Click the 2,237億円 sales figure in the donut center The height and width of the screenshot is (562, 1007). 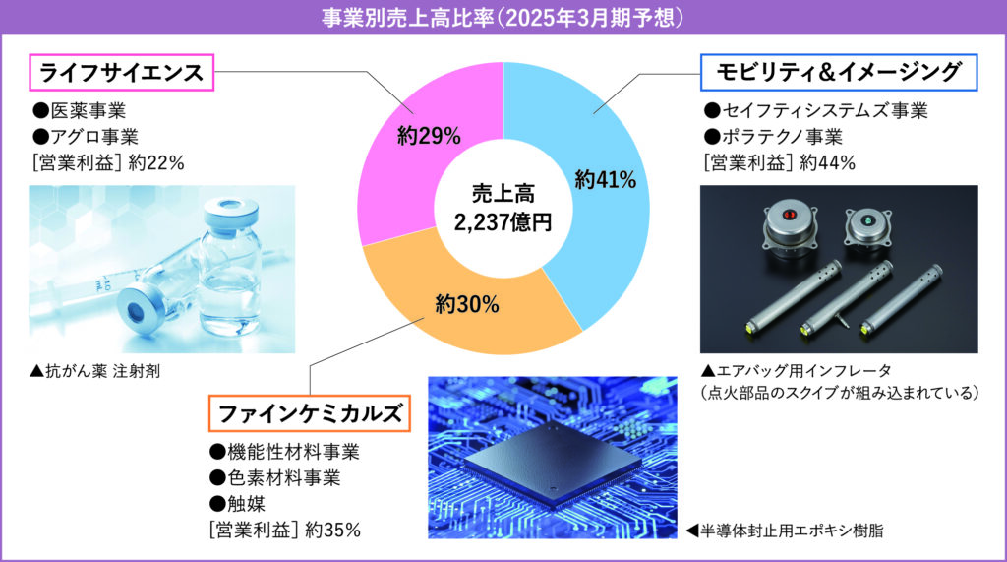coord(503,222)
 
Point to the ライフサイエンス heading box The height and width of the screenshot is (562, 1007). coord(121,73)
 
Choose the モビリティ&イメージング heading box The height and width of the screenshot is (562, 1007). coord(838,72)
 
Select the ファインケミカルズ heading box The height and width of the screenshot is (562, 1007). coord(309,412)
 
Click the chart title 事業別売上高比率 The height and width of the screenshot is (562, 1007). coord(408,18)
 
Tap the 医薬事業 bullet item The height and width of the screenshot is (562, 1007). coord(79,110)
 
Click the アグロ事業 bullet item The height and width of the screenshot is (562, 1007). coord(86,137)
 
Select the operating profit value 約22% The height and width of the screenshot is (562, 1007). coord(156,163)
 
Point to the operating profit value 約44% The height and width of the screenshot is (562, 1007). coord(827,163)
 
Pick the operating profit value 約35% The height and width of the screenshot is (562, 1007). coord(332,530)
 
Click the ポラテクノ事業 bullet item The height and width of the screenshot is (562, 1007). coord(773,137)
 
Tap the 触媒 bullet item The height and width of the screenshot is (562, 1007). coord(237,504)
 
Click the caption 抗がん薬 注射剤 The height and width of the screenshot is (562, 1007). coord(95,371)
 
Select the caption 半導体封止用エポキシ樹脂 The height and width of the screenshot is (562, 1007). coord(785,531)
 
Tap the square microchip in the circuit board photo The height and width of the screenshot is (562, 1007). coord(554,463)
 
